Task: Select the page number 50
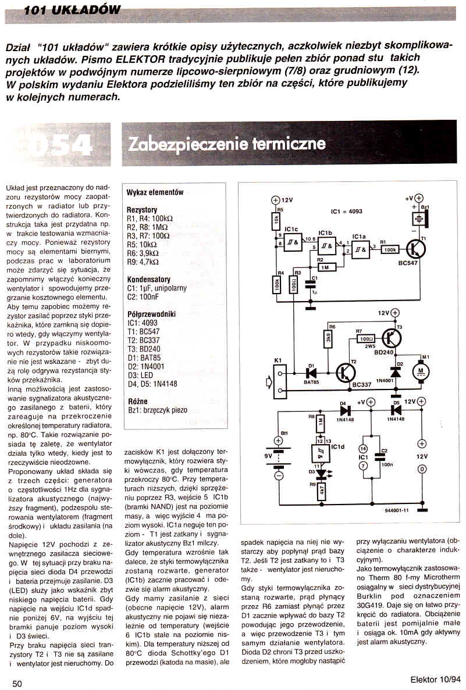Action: (17, 684)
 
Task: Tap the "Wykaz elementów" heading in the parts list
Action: (155, 192)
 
